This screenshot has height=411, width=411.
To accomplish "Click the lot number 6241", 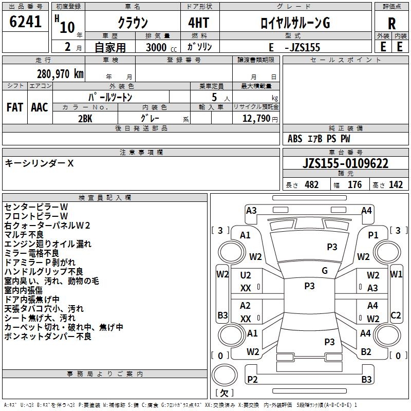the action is click(x=25, y=22).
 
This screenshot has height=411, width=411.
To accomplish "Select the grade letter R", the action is click(x=391, y=24).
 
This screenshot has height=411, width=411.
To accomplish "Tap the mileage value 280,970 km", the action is click(x=60, y=74).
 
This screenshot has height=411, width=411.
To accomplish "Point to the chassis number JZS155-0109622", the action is click(x=345, y=163).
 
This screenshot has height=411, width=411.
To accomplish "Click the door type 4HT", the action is click(x=199, y=23).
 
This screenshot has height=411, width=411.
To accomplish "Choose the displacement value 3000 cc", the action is click(x=161, y=47).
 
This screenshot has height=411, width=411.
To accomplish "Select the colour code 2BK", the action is click(x=85, y=119).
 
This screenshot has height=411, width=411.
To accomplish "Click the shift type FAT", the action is click(x=15, y=107).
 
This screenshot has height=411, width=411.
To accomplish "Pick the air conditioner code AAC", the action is click(x=40, y=107).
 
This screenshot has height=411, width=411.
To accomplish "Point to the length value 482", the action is click(x=311, y=185).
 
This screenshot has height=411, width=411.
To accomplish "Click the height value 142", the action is click(x=396, y=185).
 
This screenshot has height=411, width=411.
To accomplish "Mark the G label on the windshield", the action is click(x=325, y=271).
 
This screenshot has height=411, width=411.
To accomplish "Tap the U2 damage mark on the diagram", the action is click(x=246, y=275).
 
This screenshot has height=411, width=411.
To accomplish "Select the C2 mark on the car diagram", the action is click(x=396, y=315).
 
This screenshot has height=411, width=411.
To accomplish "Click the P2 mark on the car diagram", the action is click(x=252, y=379).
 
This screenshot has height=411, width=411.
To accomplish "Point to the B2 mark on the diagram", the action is click(x=366, y=352).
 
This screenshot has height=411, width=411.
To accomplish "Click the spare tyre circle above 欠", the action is click(x=225, y=375).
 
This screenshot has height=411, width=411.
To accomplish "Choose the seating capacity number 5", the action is click(x=214, y=97).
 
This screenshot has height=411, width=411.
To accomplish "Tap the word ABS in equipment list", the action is click(x=295, y=139).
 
